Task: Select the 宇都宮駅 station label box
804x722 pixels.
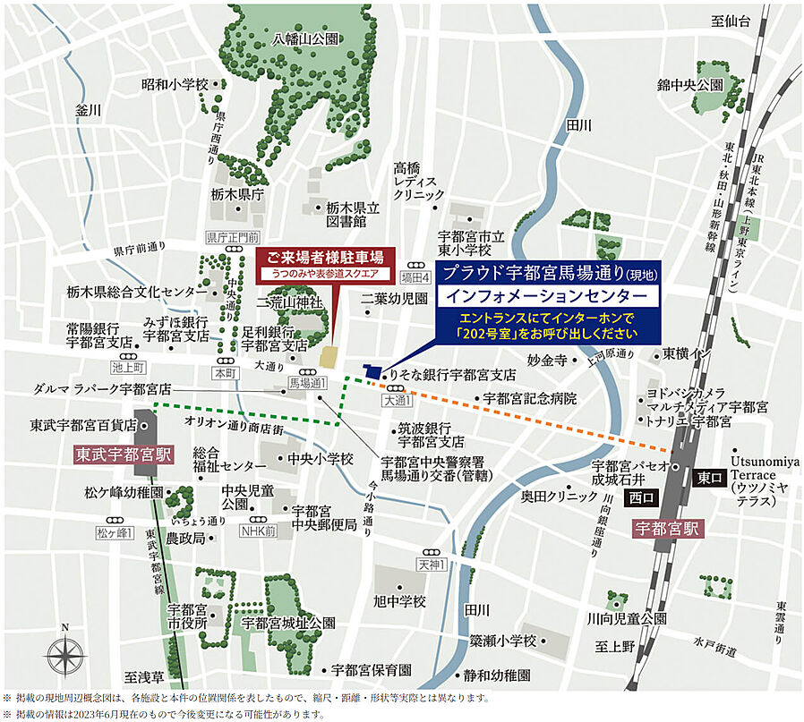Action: tap(668, 528)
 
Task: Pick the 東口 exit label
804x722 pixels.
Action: tap(709, 478)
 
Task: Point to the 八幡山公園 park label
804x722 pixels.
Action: tap(305, 38)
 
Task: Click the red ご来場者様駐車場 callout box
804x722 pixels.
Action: tap(331, 261)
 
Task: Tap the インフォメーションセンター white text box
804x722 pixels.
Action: tap(547, 294)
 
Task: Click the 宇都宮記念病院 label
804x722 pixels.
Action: tap(530, 398)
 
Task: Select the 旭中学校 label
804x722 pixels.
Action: tap(399, 600)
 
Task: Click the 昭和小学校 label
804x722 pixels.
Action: tap(175, 84)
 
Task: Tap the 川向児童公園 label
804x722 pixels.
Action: tap(627, 618)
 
